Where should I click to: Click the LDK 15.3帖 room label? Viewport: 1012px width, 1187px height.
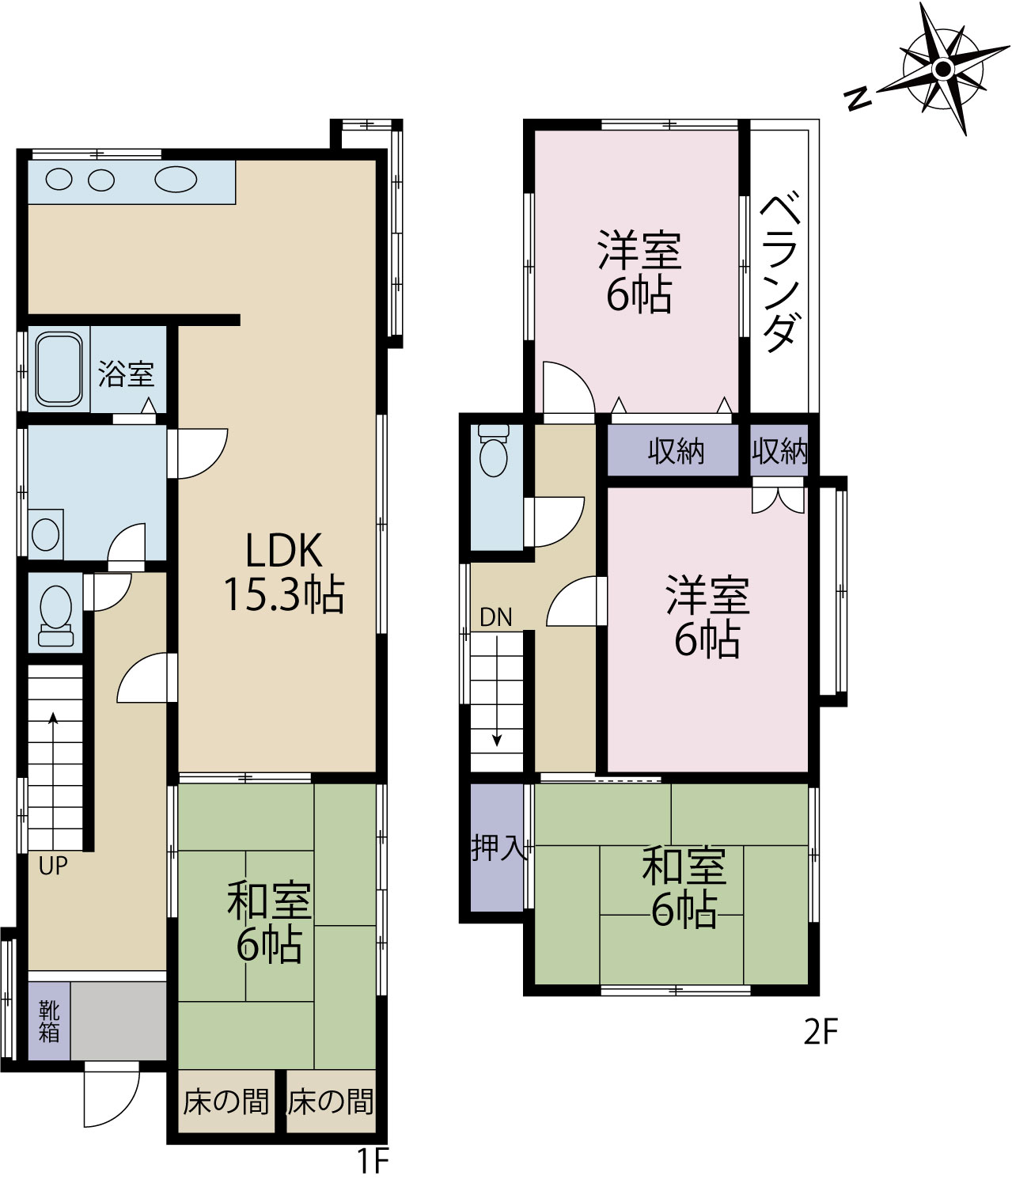[284, 572]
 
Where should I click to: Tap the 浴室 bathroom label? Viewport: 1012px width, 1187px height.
[127, 374]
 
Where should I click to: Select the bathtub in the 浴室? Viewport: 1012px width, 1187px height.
[59, 370]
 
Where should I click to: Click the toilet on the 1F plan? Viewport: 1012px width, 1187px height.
[55, 615]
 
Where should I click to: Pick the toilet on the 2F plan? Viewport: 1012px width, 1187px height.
[494, 451]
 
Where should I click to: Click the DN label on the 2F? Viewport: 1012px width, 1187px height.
[495, 617]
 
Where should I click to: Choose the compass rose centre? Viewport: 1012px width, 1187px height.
[942, 70]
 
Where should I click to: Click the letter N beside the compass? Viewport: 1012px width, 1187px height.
[858, 100]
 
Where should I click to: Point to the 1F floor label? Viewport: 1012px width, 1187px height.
[373, 1161]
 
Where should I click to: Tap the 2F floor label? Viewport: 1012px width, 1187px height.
[821, 1048]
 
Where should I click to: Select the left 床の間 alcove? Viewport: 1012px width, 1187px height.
[226, 1102]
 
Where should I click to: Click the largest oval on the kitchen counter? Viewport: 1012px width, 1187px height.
[176, 179]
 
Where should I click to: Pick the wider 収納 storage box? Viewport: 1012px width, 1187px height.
[673, 451]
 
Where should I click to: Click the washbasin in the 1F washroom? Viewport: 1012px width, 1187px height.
[45, 534]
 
